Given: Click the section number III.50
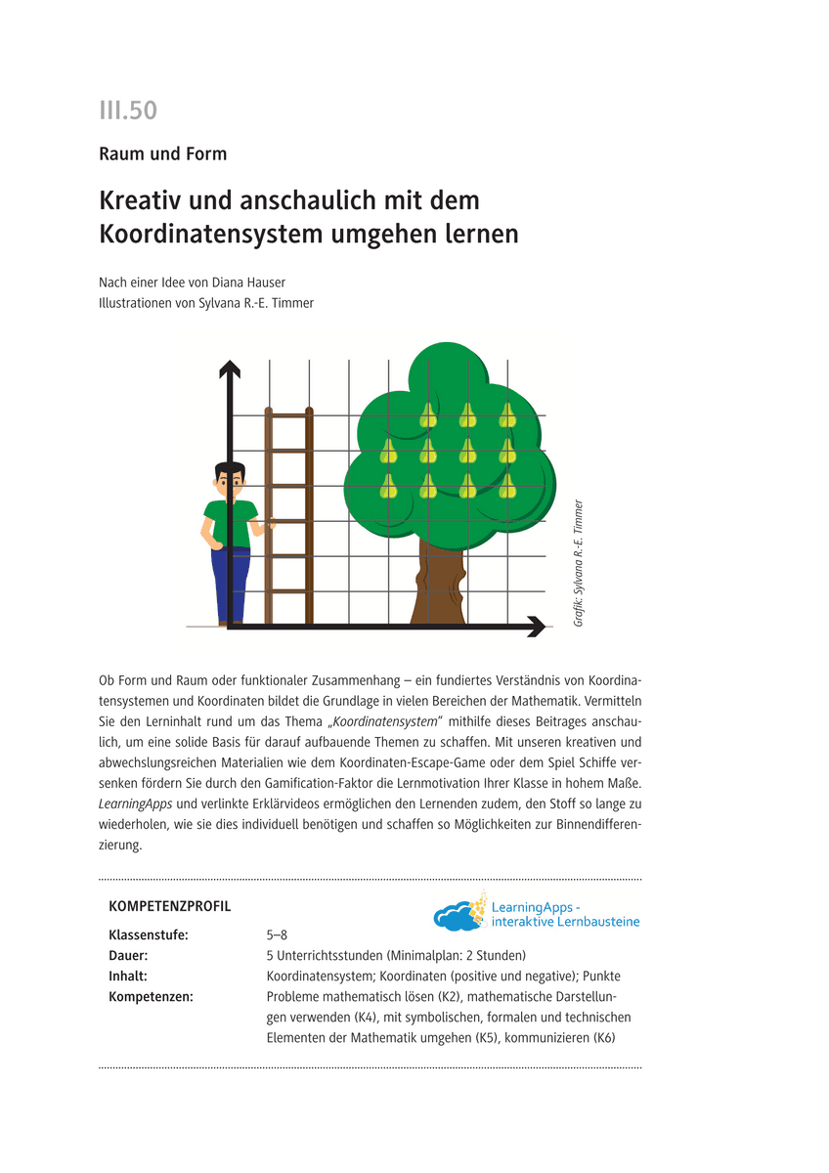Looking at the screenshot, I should coord(128,110).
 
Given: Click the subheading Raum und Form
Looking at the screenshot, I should coord(162,153).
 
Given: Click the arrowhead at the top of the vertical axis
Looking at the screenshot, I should coord(230,369).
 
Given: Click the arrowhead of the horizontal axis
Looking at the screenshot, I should coord(536,627).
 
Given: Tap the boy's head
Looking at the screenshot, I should coord(229,479).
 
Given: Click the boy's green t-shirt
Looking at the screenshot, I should coord(231,524).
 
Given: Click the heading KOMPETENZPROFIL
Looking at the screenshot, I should coord(170,906).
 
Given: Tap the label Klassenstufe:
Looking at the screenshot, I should coord(149,934).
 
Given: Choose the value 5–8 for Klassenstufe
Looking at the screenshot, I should coord(277,934).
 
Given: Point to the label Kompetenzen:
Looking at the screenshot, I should coord(152,996).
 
